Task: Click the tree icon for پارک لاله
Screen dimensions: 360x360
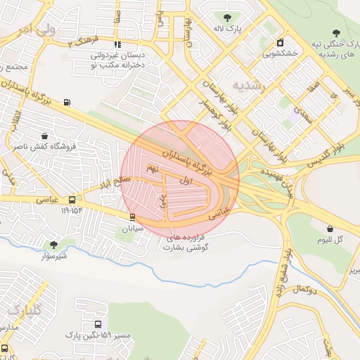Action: (226, 18)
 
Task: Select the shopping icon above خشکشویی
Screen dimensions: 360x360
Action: (281, 42)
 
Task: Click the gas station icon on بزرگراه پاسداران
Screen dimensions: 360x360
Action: (67, 103)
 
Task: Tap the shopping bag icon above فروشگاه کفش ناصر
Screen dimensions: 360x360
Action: (44, 136)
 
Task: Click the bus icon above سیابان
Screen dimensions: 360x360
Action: (133, 217)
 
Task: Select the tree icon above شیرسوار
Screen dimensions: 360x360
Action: (53, 245)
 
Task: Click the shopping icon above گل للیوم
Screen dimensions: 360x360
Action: (330, 229)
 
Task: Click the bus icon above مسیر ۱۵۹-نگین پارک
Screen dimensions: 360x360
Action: (98, 325)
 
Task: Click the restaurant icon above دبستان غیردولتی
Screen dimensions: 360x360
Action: (117, 44)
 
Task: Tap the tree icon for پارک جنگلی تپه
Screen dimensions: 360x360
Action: (335, 32)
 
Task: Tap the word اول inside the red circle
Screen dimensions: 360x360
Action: (186, 181)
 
